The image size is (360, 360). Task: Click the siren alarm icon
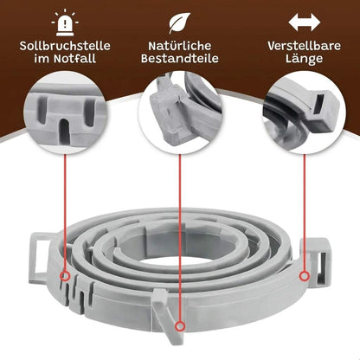(x=65, y=22)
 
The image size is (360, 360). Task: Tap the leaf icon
(x=180, y=23)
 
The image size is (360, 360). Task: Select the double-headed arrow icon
(x=304, y=22)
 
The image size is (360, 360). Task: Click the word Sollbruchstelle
(x=65, y=46)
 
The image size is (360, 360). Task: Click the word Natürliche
(x=180, y=46)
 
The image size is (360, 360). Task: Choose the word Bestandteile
(x=180, y=59)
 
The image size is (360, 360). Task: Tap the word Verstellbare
(x=304, y=46)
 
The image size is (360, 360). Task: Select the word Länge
(x=304, y=59)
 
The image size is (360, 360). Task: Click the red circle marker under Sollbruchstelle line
(x=65, y=276)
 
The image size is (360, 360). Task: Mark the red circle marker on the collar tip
(x=180, y=326)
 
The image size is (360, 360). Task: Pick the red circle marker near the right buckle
(x=305, y=276)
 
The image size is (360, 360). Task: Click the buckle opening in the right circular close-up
(x=319, y=106)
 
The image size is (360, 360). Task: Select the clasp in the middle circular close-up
(x=169, y=111)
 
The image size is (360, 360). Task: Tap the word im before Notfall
(x=42, y=59)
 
